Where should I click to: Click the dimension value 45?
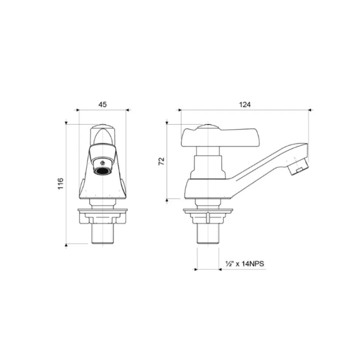click(x=102, y=104)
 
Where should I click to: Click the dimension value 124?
click(x=244, y=104)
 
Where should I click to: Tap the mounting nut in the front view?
click(x=103, y=217)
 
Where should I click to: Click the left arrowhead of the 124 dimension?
click(x=180, y=109)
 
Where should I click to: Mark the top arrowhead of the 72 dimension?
click(x=167, y=122)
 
